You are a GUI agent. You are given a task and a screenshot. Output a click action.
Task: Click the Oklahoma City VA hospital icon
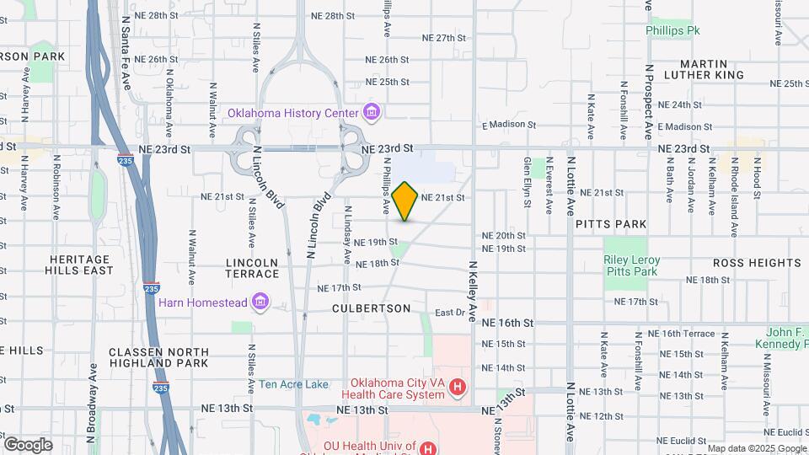point(457,388)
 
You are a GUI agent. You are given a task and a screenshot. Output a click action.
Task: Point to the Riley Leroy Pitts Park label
point(630,265)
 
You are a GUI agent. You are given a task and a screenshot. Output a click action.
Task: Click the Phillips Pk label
point(672,30)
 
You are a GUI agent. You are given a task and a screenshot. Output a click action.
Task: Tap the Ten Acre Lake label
point(293,384)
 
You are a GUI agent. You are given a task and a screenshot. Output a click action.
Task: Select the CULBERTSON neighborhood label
point(371,308)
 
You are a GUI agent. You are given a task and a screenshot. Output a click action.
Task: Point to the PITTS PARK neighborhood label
point(611,224)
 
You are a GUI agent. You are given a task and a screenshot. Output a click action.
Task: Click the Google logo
point(27,445)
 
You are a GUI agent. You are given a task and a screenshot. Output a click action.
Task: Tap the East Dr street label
point(450,313)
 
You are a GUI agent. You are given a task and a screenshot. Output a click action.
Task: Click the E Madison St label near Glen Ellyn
point(509,125)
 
